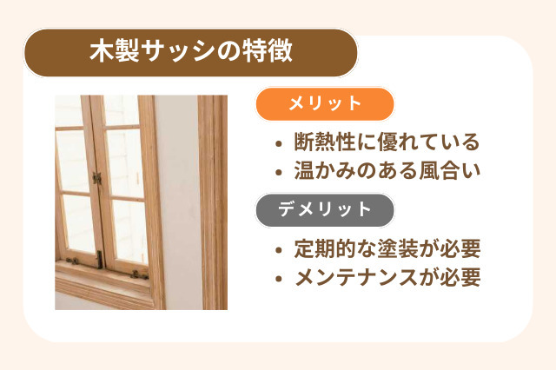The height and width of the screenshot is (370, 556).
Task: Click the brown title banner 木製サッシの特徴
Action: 191,52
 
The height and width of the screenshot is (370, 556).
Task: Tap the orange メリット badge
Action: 325,104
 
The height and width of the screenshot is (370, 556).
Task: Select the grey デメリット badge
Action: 325,209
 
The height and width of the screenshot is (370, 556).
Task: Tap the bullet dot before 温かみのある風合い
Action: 277,169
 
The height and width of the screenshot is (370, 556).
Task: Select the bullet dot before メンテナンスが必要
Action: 277,280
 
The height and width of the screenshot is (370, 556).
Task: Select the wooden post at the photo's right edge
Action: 213,200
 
